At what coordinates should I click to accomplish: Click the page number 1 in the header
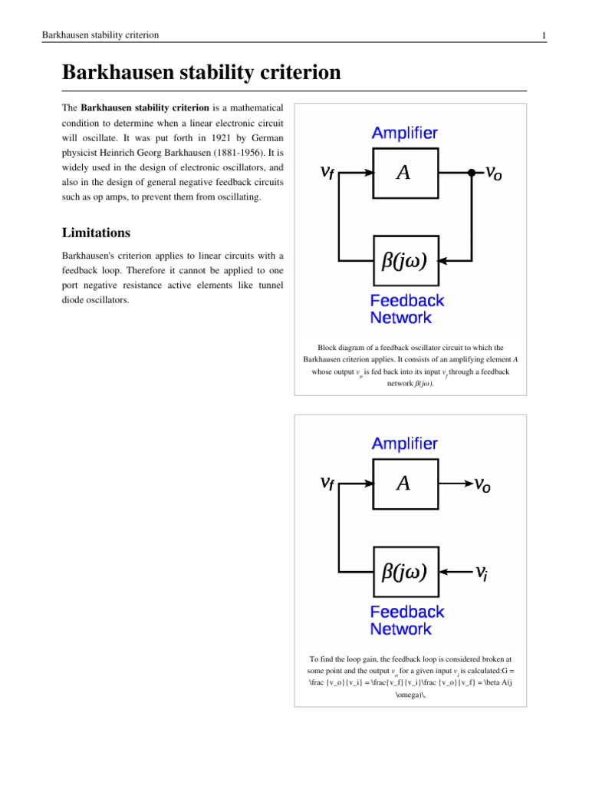click(x=543, y=35)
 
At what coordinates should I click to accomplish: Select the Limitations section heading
click(x=97, y=233)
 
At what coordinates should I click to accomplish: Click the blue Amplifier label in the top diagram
click(x=405, y=133)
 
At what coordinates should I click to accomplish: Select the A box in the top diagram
click(x=403, y=173)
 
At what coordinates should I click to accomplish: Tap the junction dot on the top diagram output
click(x=471, y=173)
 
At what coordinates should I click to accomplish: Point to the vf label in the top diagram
click(x=327, y=174)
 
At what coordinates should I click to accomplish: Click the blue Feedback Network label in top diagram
click(x=406, y=309)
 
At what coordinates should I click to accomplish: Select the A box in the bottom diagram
click(x=403, y=484)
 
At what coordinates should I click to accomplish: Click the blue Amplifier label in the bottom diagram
click(x=405, y=444)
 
